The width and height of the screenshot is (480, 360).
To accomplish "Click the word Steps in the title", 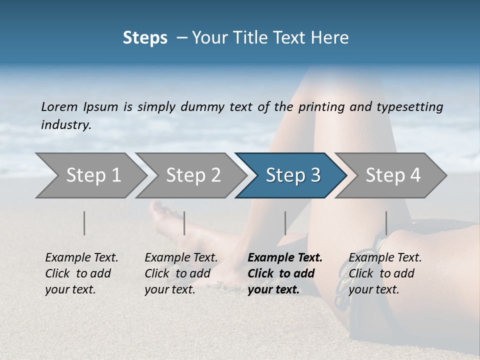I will pyautogui.click(x=145, y=38).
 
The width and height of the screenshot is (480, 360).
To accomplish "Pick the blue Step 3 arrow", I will pyautogui.click(x=293, y=175).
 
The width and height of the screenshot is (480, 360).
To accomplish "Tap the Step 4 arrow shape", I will pyautogui.click(x=393, y=175).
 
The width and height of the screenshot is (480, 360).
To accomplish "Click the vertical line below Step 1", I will pyautogui.click(x=84, y=223).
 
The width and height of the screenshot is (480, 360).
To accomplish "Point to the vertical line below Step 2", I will pyautogui.click(x=184, y=223).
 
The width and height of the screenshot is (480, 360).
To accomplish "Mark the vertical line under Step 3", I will pyautogui.click(x=285, y=223).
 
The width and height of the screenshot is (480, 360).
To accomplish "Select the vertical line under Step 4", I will pyautogui.click(x=386, y=223).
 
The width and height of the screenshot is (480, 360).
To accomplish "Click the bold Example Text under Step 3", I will pyautogui.click(x=285, y=257).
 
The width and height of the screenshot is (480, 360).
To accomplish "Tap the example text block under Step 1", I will pyautogui.click(x=81, y=273).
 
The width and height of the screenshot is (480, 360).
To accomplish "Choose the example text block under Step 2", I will pyautogui.click(x=181, y=273).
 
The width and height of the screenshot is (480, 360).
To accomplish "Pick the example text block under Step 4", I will pyautogui.click(x=385, y=273).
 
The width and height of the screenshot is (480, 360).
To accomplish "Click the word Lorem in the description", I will pyautogui.click(x=59, y=106).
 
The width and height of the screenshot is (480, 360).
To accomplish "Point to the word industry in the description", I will pyautogui.click(x=66, y=125).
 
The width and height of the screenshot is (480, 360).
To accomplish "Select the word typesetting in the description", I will pyautogui.click(x=409, y=106).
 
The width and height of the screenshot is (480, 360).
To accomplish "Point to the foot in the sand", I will pyautogui.click(x=165, y=220).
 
